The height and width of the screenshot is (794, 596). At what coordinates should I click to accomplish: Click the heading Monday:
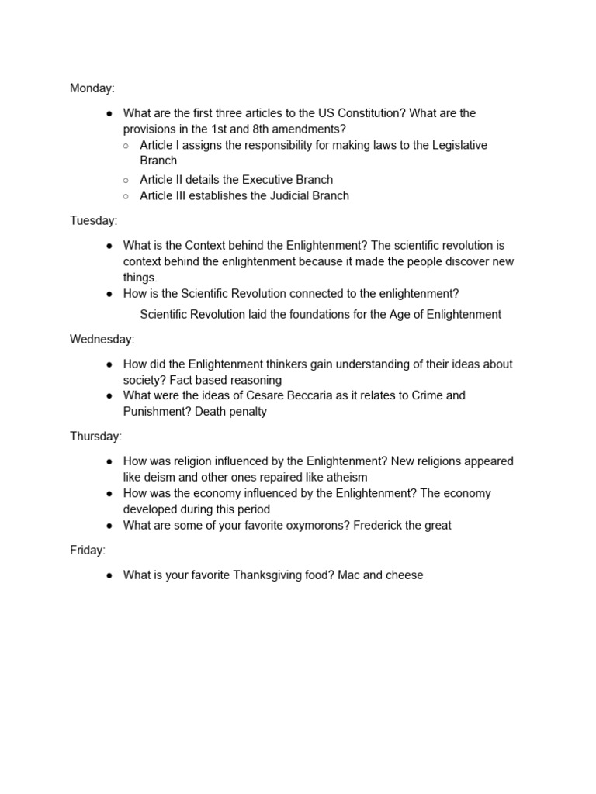coord(92,88)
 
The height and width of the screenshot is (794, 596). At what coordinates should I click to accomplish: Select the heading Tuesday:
coord(93,220)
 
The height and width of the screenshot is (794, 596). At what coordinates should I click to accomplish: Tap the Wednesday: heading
coord(102,339)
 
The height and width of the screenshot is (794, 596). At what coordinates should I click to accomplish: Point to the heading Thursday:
coord(95,436)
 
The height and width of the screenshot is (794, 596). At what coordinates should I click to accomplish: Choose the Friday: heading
coord(88,550)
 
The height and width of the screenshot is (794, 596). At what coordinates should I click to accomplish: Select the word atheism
coord(341,477)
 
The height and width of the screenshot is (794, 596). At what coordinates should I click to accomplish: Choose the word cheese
coord(404,575)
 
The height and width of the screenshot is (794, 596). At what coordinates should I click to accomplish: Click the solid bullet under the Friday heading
coord(109,575)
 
